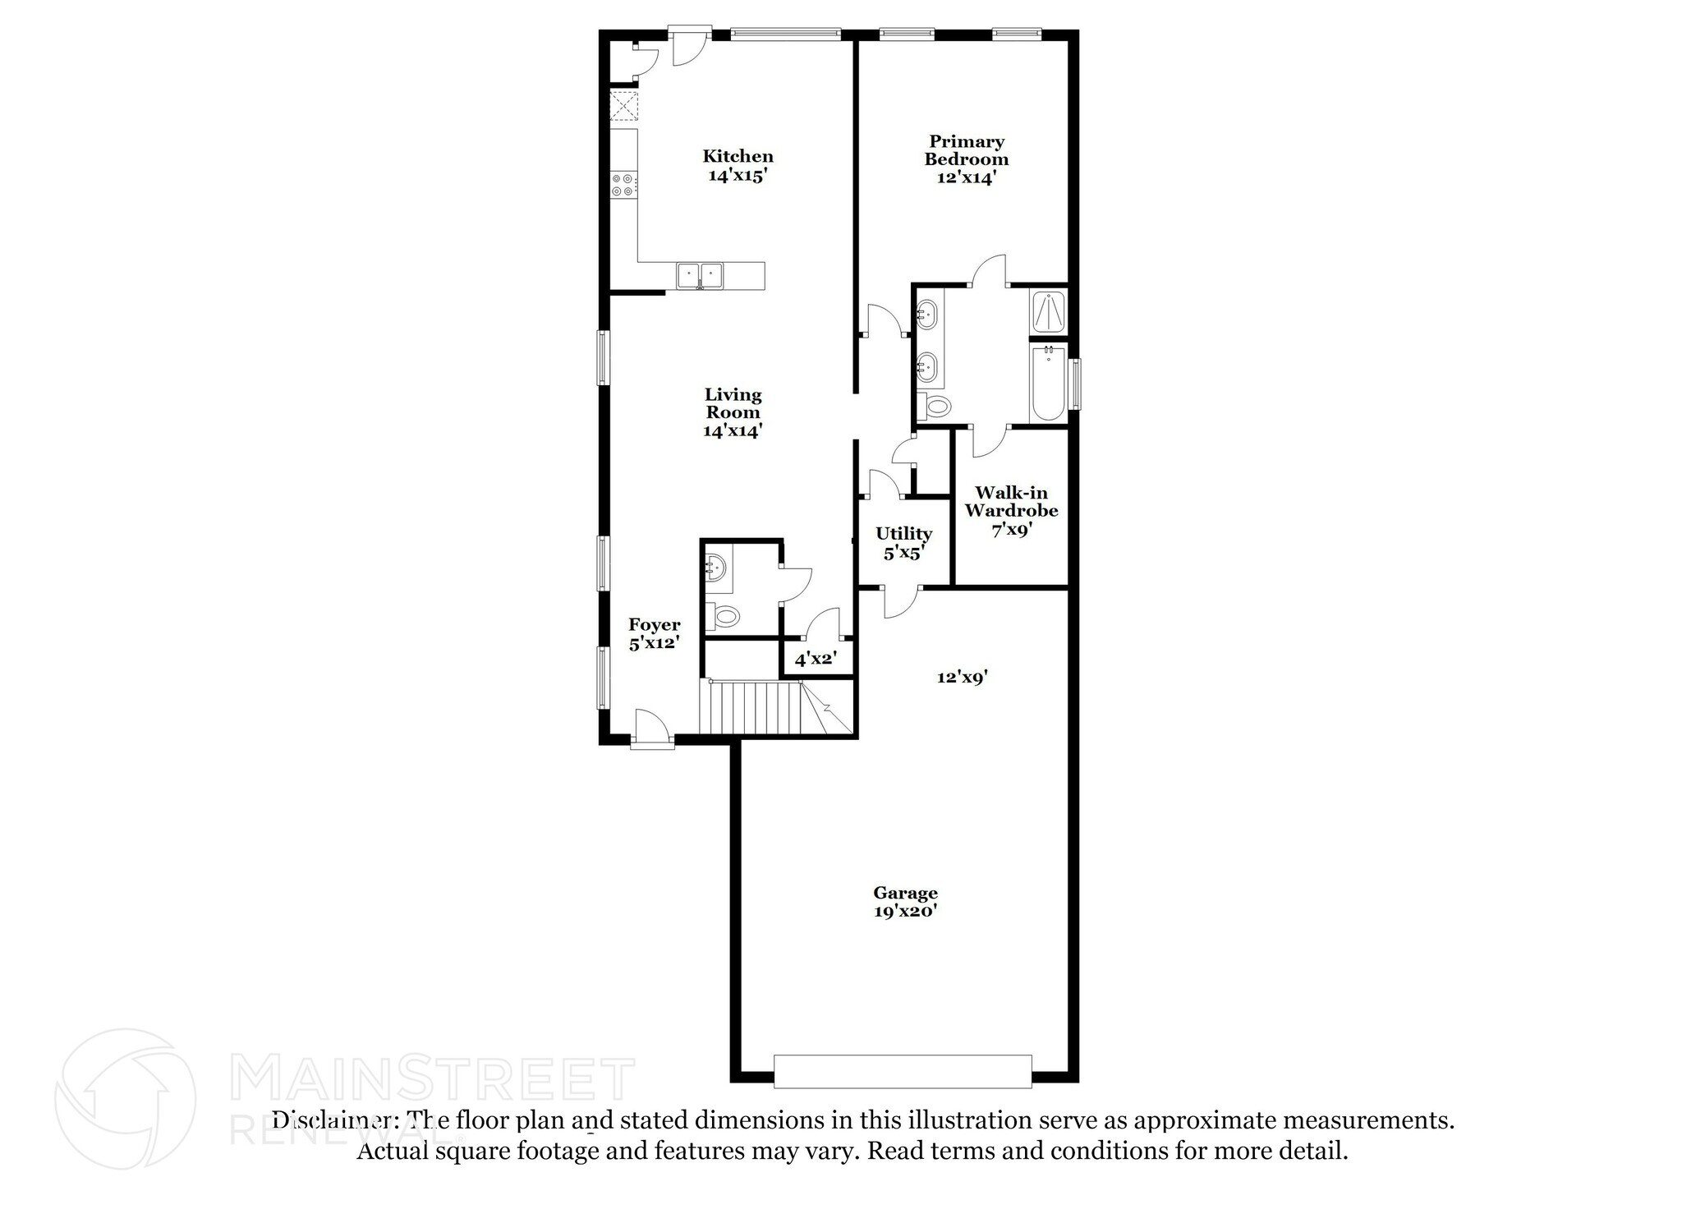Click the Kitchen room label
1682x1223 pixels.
[738, 156]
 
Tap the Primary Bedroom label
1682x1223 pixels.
[966, 150]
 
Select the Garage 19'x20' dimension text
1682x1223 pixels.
[905, 911]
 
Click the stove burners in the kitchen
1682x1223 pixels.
[623, 185]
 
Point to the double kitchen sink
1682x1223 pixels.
[700, 274]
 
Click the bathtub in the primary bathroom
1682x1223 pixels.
[1048, 384]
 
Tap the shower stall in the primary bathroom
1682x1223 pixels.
[1048, 311]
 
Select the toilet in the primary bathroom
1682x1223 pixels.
[935, 405]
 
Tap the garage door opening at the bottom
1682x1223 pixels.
[902, 1071]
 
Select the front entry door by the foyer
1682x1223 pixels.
[652, 729]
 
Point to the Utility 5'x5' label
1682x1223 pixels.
[903, 543]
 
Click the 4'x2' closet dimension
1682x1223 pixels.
[815, 659]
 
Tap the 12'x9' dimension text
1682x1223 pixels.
[962, 678]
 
